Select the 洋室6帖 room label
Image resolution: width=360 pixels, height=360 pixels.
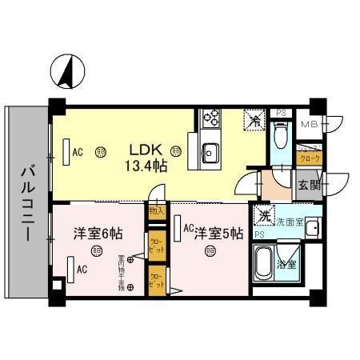[98, 234]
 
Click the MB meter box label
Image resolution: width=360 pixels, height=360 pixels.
[310, 125]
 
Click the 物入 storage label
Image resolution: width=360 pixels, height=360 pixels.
[156, 211]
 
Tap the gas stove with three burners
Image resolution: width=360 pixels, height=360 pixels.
[212, 120]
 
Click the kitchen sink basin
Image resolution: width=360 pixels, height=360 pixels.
[211, 150]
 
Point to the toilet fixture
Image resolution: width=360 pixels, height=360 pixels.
[280, 135]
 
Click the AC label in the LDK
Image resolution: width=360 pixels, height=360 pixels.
[78, 151]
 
